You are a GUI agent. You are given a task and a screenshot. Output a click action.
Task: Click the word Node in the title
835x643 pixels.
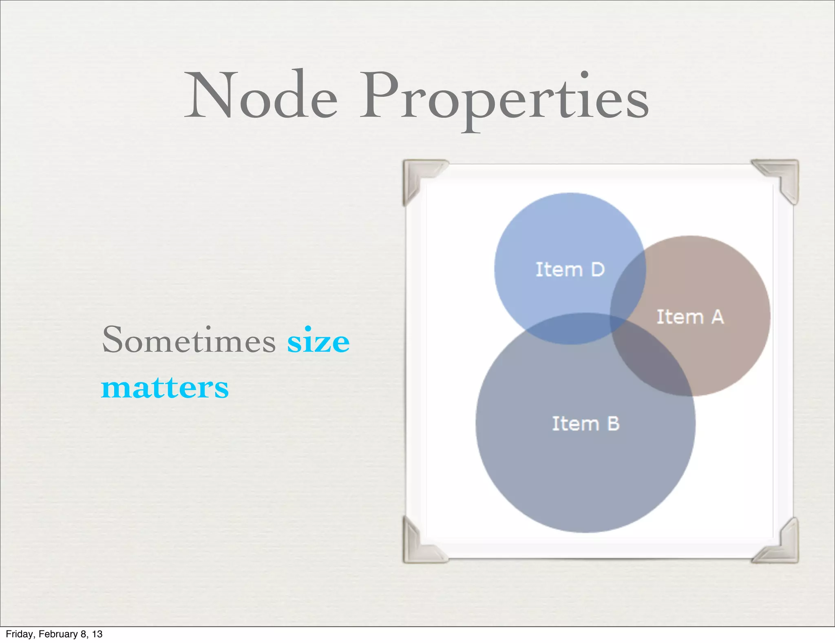point(261,96)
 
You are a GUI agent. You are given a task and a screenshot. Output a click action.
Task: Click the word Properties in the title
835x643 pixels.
point(504,98)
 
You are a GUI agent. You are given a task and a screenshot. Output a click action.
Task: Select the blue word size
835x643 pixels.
point(318,341)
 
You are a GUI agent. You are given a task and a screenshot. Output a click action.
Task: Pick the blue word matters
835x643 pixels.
point(165,388)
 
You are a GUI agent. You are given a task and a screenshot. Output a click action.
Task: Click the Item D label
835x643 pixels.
point(570,270)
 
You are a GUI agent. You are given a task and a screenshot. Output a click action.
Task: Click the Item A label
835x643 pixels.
point(690,317)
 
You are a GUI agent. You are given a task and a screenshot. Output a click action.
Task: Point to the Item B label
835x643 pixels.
point(585,424)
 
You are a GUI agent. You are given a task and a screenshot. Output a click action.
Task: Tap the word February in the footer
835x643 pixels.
point(58,634)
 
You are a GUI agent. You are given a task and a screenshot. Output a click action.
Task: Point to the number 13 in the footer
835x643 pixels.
point(97,634)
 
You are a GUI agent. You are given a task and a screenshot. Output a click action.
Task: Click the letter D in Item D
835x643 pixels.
point(597,270)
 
